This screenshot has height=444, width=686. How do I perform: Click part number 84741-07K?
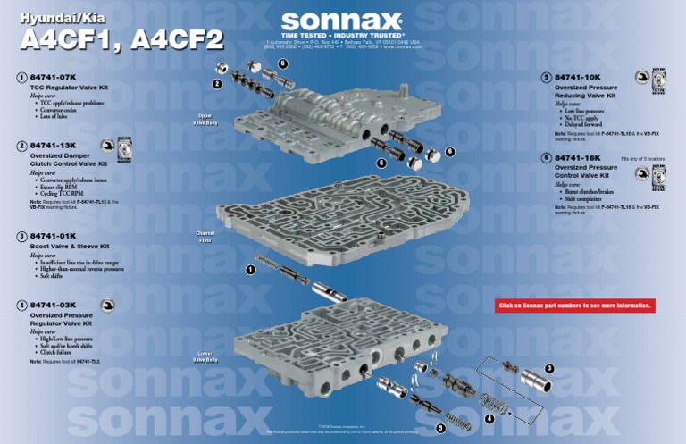(54, 79)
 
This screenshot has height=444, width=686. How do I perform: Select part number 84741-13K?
(54, 145)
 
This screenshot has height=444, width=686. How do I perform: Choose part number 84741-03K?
(54, 306)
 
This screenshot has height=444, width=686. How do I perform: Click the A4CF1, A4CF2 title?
(121, 42)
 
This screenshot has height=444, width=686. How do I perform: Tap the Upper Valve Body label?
(205, 120)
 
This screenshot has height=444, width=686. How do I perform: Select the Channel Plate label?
(205, 238)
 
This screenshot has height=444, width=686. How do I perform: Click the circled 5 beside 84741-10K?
(545, 78)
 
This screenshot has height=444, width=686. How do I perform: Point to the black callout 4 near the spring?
(489, 419)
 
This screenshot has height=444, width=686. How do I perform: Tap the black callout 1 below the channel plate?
(250, 269)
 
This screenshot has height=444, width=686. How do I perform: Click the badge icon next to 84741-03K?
(108, 306)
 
